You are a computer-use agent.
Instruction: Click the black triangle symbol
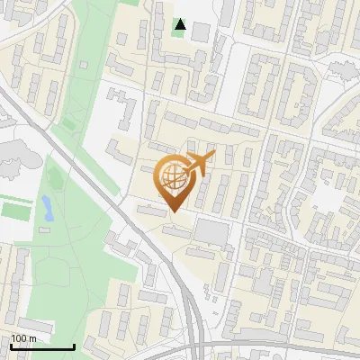pos(181,24)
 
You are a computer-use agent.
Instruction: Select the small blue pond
pos(45,209)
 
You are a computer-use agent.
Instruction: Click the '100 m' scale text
pos(24,338)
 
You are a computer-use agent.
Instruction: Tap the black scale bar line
pos(42,346)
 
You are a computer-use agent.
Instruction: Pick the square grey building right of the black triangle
pos(201,32)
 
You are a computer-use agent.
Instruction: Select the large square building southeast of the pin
pos(212,232)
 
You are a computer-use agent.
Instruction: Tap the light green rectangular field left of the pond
pos(13,211)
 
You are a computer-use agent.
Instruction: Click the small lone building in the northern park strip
pos(83,65)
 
